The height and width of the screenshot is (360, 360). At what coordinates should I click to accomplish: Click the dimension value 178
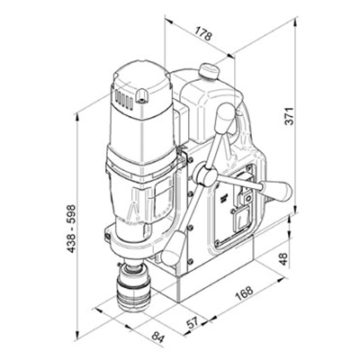coord(202,35)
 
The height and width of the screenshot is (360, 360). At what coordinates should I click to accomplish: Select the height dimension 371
coord(310,120)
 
